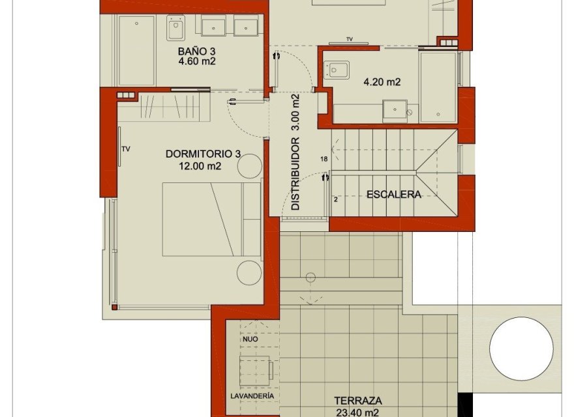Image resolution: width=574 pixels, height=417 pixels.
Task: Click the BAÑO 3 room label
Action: pyautogui.click(x=196, y=51)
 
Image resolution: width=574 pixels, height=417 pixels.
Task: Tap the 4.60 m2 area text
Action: pyautogui.click(x=196, y=62)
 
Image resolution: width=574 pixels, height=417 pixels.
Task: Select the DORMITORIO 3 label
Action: pyautogui.click(x=203, y=154)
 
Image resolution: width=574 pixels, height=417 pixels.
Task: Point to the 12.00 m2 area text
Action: pyautogui.click(x=200, y=165)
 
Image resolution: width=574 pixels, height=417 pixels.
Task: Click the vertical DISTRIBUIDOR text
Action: pyautogui.click(x=295, y=173)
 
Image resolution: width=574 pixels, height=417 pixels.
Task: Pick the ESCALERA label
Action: pyautogui.click(x=393, y=194)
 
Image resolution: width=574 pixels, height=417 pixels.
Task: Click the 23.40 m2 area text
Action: pyautogui.click(x=357, y=412)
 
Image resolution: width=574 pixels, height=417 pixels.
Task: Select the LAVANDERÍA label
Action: pyautogui.click(x=251, y=395)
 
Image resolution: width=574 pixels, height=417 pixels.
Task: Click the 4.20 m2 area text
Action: pyautogui.click(x=382, y=82)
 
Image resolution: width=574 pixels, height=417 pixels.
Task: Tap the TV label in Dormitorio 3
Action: pyautogui.click(x=126, y=149)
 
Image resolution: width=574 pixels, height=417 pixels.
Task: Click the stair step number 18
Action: pyautogui.click(x=324, y=159)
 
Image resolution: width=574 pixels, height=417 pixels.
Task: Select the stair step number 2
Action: pyautogui.click(x=335, y=199)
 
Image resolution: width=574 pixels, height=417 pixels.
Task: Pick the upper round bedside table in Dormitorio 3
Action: pyautogui.click(x=249, y=167)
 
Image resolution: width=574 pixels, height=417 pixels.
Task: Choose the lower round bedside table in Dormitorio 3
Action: pyautogui.click(x=249, y=272)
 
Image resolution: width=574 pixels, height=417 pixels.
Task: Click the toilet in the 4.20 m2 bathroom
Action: pyautogui.click(x=339, y=69)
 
